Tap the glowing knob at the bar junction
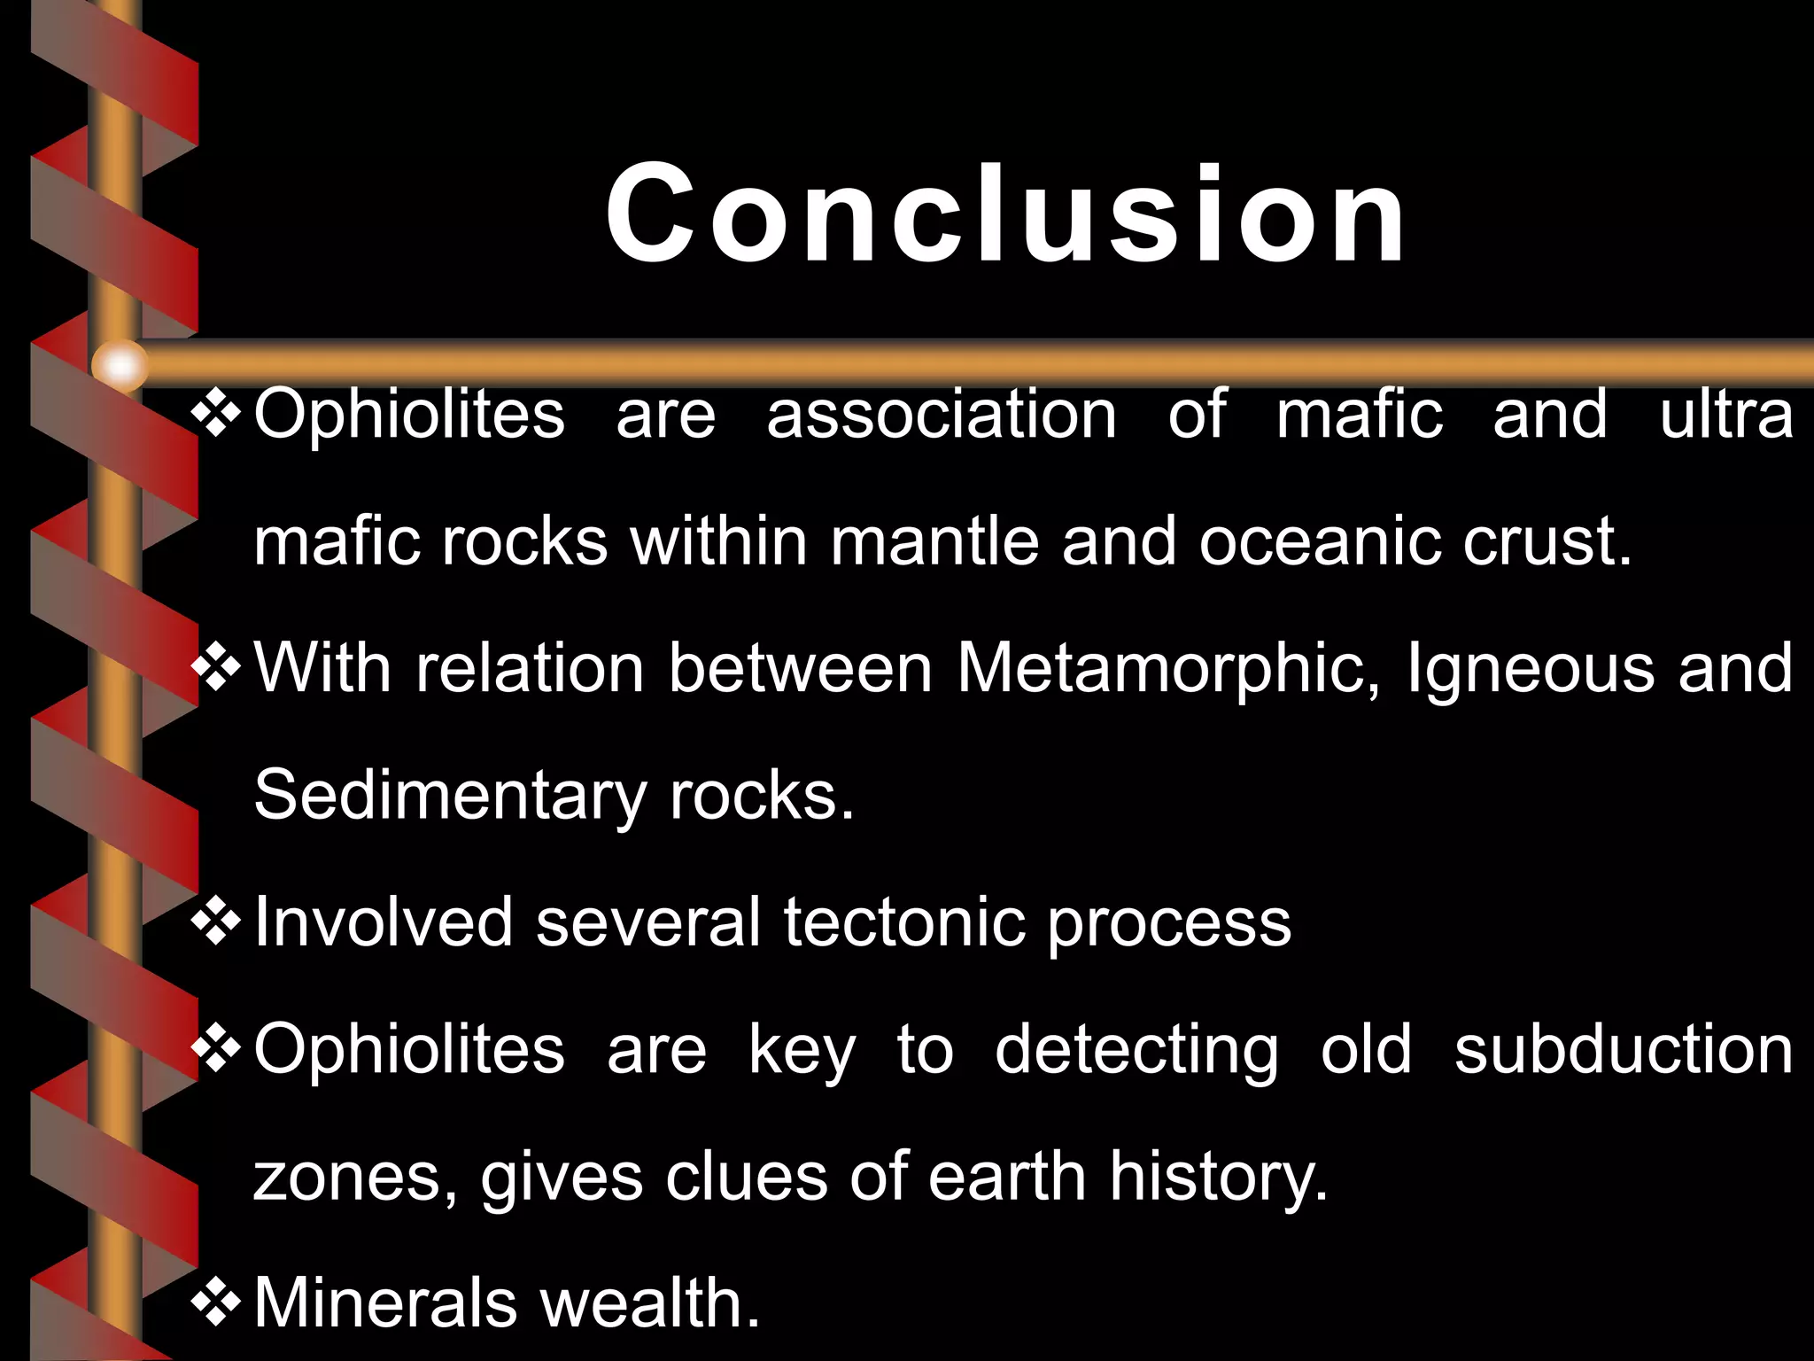click(120, 365)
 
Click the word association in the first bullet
click(942, 414)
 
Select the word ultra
click(1726, 414)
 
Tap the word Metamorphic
click(1168, 668)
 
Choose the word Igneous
click(1531, 670)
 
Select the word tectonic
click(904, 922)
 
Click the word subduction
click(1624, 1049)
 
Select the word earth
click(1007, 1177)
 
